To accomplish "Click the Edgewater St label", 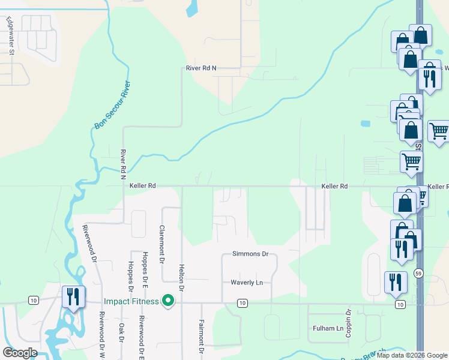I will [11, 37].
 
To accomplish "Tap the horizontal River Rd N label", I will [200, 68].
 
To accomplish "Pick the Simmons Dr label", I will [250, 254].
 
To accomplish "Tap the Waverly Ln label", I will [247, 282].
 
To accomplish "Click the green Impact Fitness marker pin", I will [169, 301].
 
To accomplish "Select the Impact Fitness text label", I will [131, 301].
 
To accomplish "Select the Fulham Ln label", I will [328, 328].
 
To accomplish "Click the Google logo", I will [20, 353].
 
